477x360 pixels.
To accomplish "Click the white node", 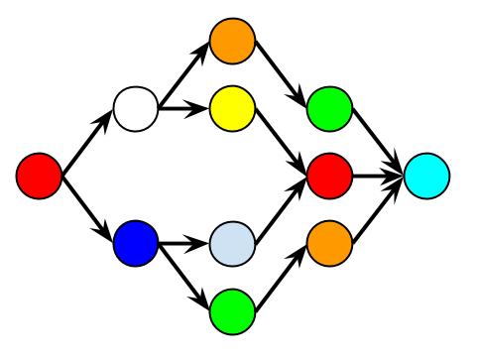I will (137, 109).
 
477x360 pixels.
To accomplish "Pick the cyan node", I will (427, 176).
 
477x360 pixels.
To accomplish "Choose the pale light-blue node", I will (233, 242).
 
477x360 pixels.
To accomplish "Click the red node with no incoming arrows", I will (41, 176).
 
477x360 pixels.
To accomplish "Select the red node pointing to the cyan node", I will (330, 176).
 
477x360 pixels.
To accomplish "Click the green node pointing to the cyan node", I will (330, 109).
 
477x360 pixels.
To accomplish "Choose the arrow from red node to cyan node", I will (379, 176).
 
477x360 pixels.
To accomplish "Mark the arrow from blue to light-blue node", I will (184, 242).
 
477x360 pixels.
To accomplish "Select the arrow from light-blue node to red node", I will (282, 209).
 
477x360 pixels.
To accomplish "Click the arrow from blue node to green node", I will (184, 276).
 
